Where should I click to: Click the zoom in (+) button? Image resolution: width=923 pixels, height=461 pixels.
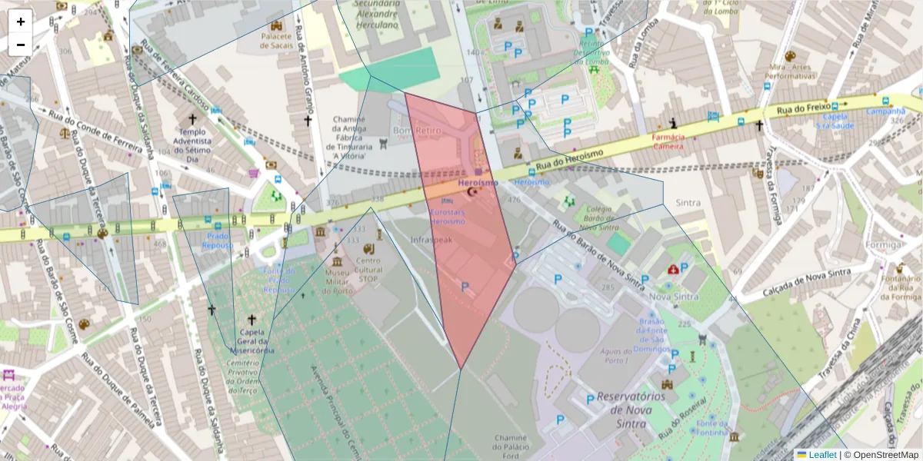click(x=21, y=22)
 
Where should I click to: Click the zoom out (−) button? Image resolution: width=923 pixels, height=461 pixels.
click(x=21, y=45)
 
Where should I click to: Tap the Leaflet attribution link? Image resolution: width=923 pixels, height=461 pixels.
click(x=822, y=455)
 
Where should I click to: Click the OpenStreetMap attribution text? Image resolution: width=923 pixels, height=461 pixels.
click(x=881, y=455)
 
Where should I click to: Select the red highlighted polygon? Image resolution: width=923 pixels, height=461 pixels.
click(x=461, y=254)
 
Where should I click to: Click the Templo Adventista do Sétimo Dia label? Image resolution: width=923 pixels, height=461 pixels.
click(x=193, y=146)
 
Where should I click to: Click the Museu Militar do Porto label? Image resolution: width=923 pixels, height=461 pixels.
click(x=337, y=281)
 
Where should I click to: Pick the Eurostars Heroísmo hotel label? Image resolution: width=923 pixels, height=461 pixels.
click(x=448, y=216)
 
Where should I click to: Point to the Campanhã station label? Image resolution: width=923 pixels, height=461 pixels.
click(x=886, y=111)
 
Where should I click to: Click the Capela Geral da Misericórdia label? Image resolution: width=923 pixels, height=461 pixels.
click(x=252, y=342)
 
